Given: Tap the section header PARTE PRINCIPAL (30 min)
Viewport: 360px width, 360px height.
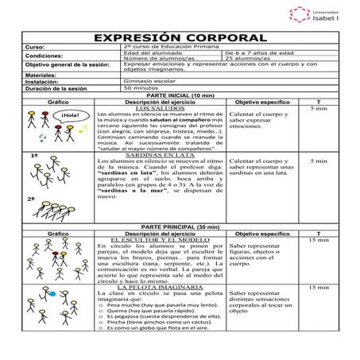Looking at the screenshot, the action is click(x=180, y=227).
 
